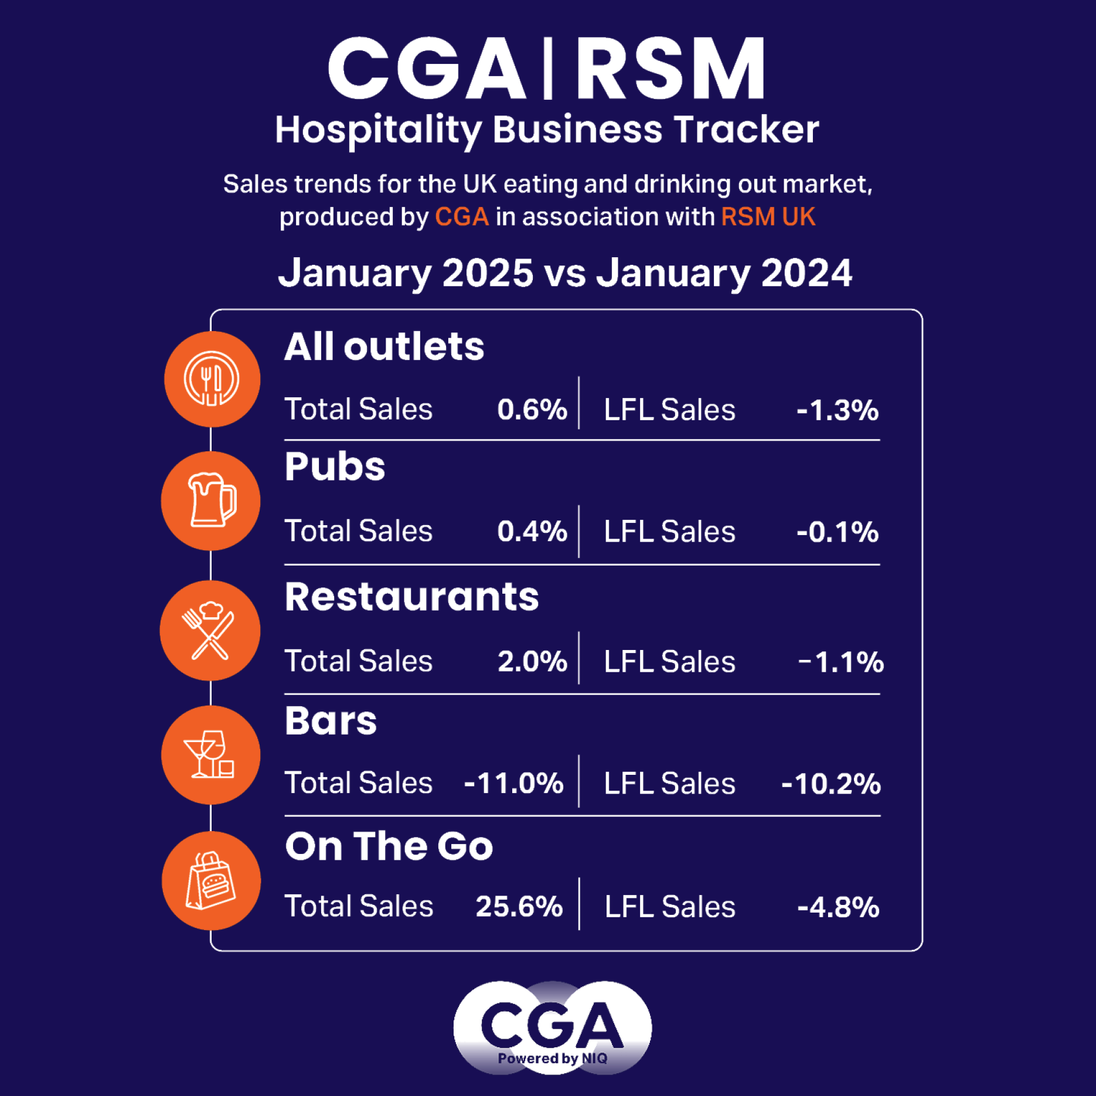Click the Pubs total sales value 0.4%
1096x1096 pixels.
[x=532, y=531]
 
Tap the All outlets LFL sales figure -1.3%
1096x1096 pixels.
[x=838, y=410]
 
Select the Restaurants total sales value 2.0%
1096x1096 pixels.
[x=532, y=661]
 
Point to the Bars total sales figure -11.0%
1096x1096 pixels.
[x=513, y=783]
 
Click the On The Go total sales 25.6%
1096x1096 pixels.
[x=519, y=906]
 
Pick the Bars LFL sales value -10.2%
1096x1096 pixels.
[x=831, y=784]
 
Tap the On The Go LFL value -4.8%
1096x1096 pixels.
[x=838, y=907]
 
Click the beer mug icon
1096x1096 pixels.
[x=211, y=501]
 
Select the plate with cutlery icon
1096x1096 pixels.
[x=212, y=379]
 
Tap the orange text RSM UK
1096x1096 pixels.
[x=768, y=217]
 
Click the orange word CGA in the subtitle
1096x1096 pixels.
[x=462, y=217]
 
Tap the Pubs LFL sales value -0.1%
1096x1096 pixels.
[x=838, y=532]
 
